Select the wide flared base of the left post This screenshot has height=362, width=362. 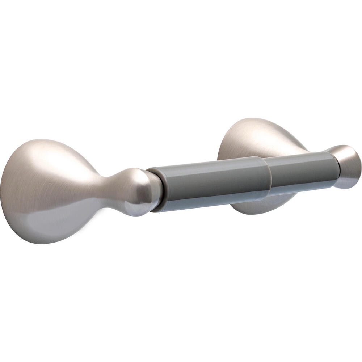coord(43,192)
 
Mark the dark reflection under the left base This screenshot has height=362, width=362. coord(54,228)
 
